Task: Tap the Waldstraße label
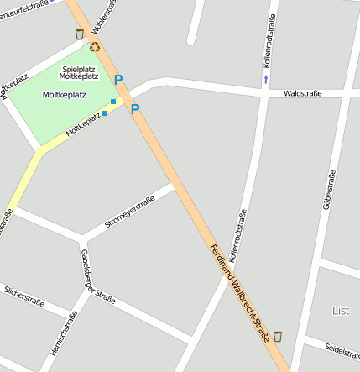pos(302,94)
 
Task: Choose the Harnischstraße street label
pos(64,333)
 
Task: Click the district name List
pos(340,311)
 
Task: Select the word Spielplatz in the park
pos(79,68)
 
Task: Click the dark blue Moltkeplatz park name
pos(64,95)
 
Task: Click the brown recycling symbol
pos(95,48)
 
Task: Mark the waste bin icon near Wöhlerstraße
pos(80,34)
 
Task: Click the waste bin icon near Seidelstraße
pos(278,337)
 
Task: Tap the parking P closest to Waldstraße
pos(135,109)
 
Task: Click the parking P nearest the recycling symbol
pos(118,80)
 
